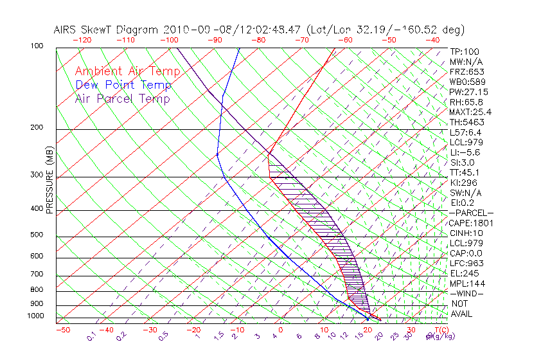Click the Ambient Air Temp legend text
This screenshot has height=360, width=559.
tap(127, 72)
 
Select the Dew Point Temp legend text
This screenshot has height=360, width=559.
tap(123, 85)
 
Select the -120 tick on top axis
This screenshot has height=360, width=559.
tap(83, 40)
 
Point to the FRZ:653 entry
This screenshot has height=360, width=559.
tap(466, 71)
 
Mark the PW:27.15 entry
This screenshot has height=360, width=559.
tap(468, 92)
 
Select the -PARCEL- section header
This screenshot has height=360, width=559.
tap(471, 213)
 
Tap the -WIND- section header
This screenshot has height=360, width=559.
tap(466, 294)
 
